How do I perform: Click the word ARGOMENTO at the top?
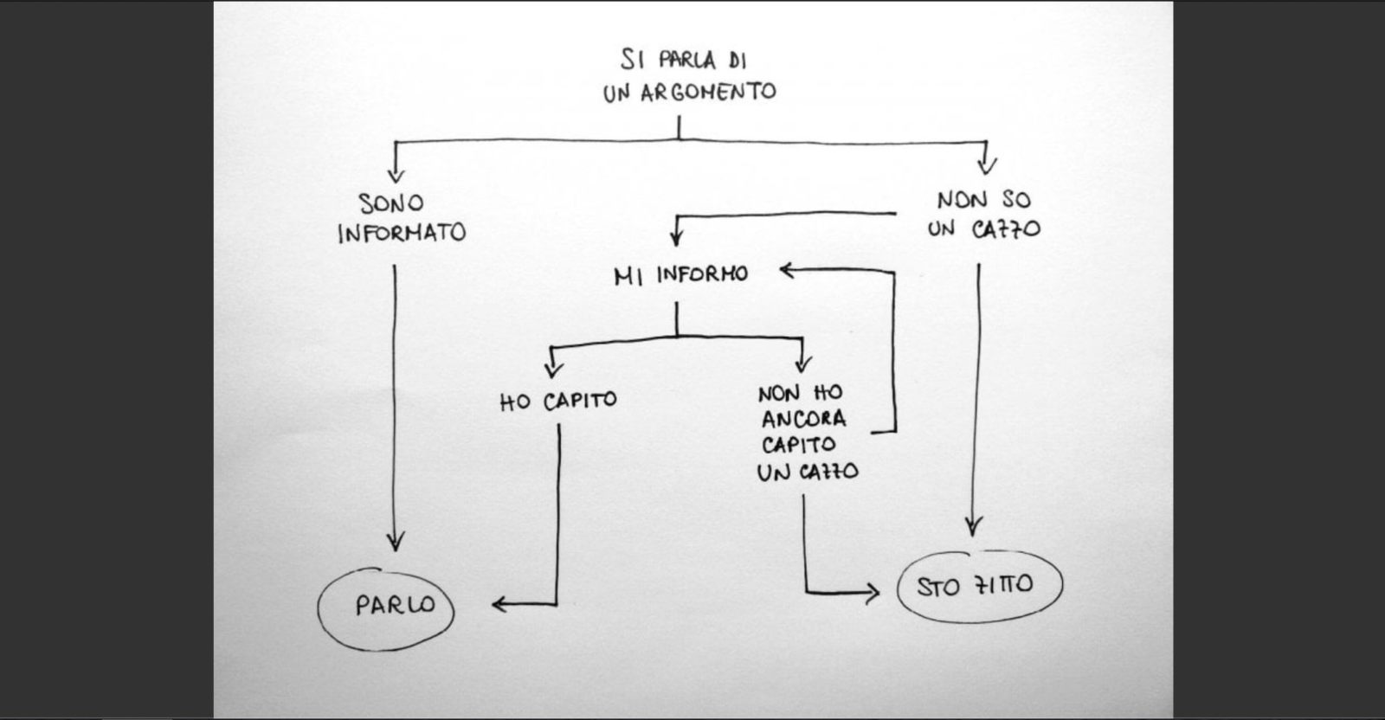(708, 93)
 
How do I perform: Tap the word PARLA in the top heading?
(688, 61)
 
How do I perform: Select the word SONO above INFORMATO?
(392, 203)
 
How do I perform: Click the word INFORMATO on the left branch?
(402, 234)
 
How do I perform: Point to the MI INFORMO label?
(680, 275)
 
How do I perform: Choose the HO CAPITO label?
(558, 402)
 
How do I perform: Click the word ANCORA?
(803, 420)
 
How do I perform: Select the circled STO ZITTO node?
(977, 586)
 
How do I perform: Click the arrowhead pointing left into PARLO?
(499, 604)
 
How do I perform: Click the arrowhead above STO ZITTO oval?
(974, 526)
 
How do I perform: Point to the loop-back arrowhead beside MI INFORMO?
(787, 271)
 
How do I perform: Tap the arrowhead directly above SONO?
(396, 172)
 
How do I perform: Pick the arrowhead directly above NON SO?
(986, 166)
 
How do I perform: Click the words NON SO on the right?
(983, 200)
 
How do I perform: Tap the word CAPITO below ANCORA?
(799, 446)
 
